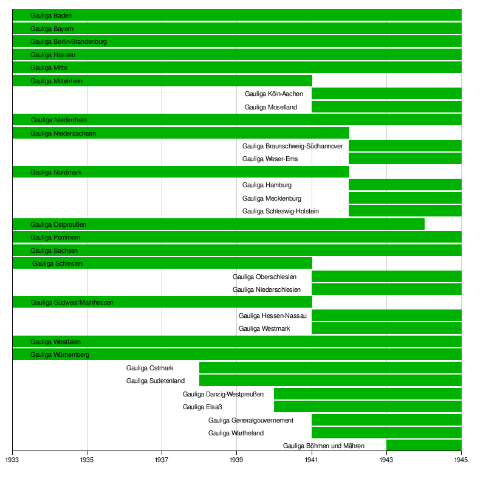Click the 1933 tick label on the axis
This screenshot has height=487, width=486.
(12, 460)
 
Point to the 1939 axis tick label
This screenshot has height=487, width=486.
(236, 460)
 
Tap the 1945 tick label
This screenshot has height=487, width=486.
(461, 460)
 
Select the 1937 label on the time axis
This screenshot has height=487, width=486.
(162, 460)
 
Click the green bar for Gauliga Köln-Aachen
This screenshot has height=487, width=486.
(386, 94)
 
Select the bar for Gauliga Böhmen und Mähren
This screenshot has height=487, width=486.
(423, 446)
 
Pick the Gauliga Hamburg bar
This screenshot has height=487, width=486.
(405, 185)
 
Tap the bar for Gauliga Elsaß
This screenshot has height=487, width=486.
(368, 407)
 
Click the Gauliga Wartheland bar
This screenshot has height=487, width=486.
(386, 433)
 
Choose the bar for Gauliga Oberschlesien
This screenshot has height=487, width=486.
(386, 277)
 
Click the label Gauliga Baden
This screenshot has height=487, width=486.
(51, 15)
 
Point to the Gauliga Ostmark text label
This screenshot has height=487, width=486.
(149, 368)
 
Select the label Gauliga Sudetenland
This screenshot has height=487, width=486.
(155, 381)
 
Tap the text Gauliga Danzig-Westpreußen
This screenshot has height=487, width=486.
(223, 394)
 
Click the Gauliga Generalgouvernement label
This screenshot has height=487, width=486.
(250, 420)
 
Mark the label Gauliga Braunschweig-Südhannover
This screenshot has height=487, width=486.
(292, 146)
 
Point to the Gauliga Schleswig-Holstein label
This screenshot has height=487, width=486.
(280, 211)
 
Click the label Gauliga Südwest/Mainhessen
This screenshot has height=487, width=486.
(72, 302)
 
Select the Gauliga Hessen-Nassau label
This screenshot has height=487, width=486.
(272, 316)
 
